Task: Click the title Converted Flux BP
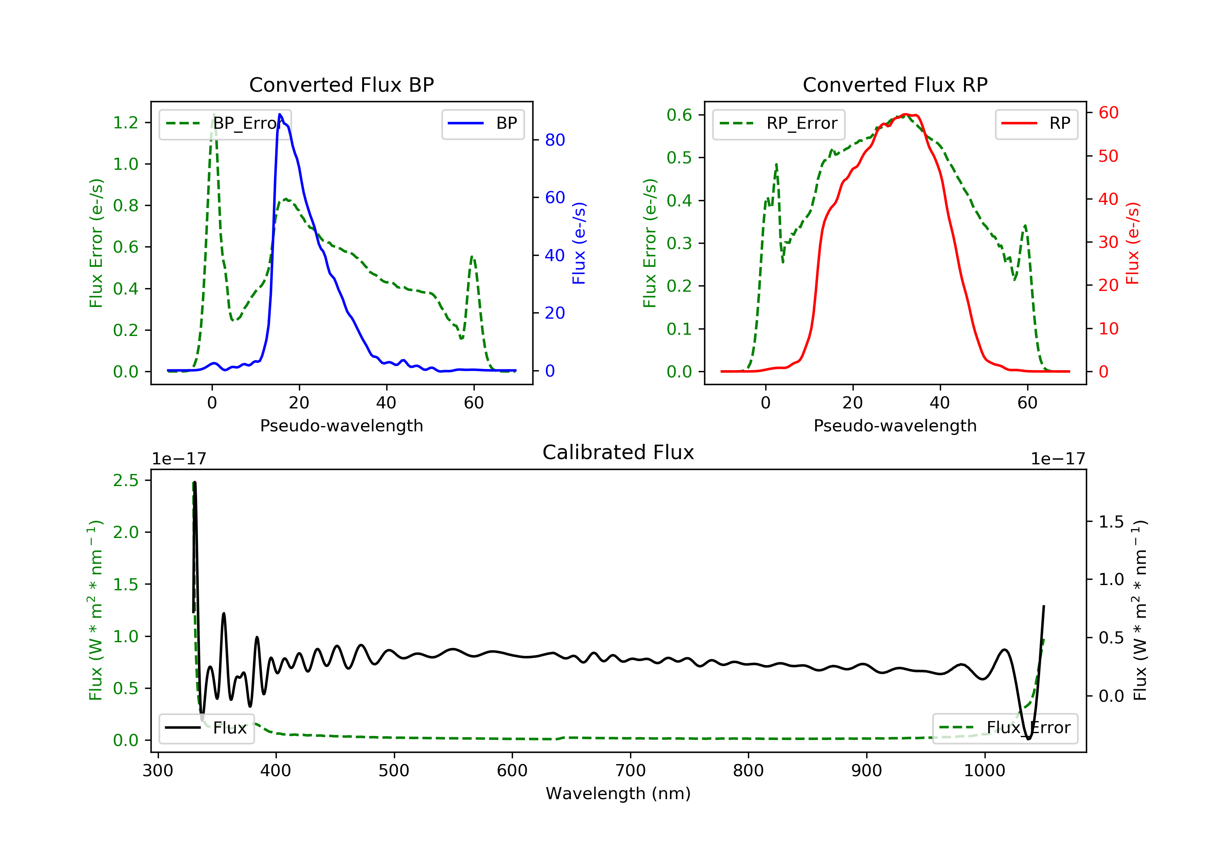[341, 84]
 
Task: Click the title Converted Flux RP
[895, 84]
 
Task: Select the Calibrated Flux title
[618, 452]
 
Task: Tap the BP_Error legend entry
[225, 124]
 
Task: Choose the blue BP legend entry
[482, 124]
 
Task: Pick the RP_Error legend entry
[778, 124]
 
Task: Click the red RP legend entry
[1036, 124]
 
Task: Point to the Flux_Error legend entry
[1005, 728]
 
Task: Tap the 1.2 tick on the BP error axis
[126, 122]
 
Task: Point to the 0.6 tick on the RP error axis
[679, 115]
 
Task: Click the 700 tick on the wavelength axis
[630, 771]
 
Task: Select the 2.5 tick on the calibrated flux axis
[126, 480]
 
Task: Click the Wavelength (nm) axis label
[618, 793]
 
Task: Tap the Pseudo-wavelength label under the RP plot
[895, 425]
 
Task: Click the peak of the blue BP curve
[280, 114]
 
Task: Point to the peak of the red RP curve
[905, 114]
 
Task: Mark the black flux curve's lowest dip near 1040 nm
[1028, 739]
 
